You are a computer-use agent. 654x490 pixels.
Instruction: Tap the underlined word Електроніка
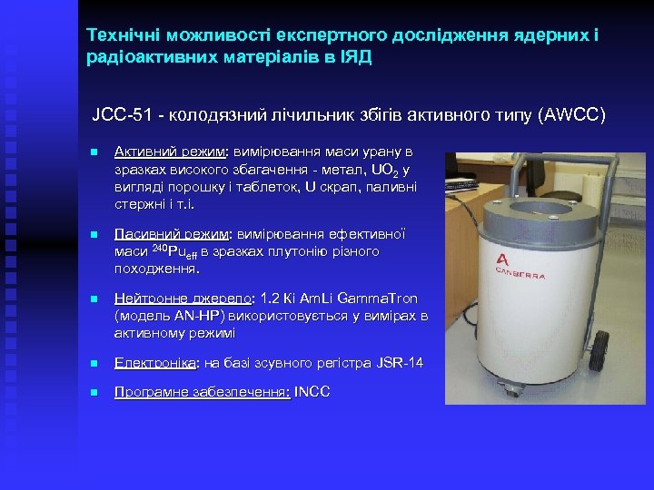point(154,364)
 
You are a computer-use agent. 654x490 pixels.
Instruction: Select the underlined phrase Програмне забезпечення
point(202,392)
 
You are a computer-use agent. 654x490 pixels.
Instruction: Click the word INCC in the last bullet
point(312,392)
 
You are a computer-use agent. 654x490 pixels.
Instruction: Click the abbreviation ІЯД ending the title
point(354,56)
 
